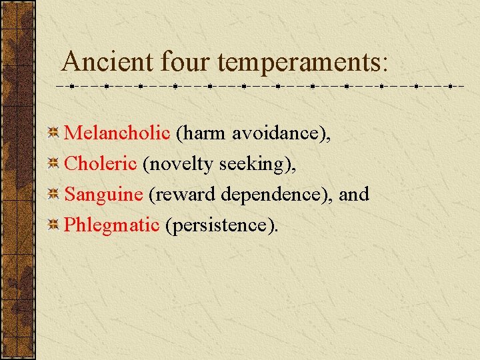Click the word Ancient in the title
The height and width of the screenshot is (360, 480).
tap(107, 62)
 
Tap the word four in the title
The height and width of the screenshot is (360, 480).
tap(186, 62)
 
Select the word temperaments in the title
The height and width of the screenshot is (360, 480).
tap(296, 62)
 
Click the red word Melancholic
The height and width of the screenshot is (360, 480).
tap(117, 133)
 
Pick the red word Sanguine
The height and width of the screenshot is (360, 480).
tap(103, 194)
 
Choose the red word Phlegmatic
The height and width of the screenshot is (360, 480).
tap(111, 225)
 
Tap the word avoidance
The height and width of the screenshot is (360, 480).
tap(281, 133)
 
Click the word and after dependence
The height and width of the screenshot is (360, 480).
tap(354, 194)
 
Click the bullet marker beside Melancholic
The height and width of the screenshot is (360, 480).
tap(55, 133)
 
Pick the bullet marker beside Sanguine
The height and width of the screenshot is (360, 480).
tap(55, 194)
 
